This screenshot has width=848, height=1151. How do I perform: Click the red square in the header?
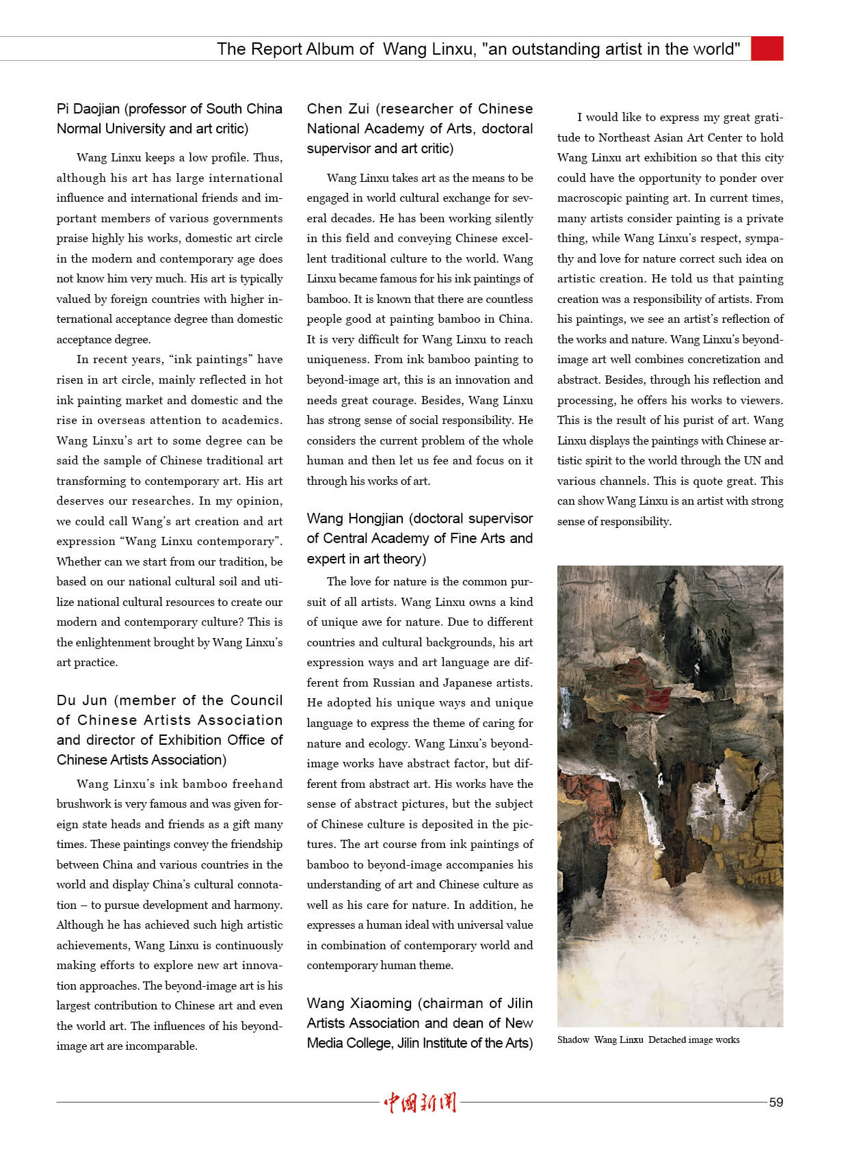point(767,49)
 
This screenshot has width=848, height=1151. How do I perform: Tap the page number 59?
point(776,1102)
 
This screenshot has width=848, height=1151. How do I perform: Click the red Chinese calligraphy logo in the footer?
point(420,1102)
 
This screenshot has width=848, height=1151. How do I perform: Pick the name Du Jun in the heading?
point(82,700)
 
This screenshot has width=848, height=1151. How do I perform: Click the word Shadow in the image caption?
point(573,1040)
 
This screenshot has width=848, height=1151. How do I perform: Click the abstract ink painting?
point(670,795)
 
